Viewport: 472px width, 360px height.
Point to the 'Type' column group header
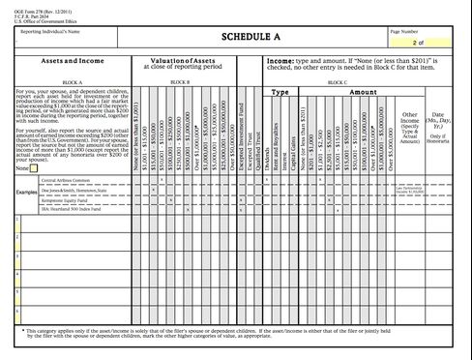(x=280, y=92)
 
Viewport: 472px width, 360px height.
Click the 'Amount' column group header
(x=363, y=92)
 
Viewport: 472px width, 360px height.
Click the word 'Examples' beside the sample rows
(x=26, y=192)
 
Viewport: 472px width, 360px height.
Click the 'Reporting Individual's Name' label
(x=46, y=32)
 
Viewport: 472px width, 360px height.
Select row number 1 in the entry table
(x=18, y=219)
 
